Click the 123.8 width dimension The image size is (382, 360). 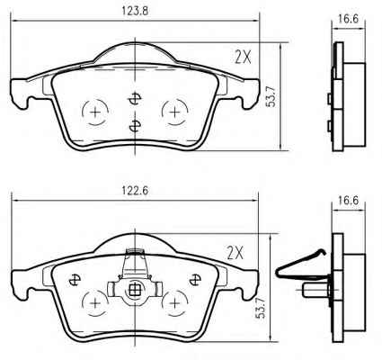click(x=135, y=11)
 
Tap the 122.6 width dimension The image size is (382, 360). click(x=135, y=191)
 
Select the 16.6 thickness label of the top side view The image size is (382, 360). click(x=349, y=19)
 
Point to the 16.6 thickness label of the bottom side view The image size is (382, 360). click(x=349, y=201)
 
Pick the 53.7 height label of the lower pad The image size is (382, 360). click(x=262, y=307)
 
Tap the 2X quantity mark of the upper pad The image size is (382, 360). click(x=243, y=57)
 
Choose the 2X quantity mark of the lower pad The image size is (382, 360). click(x=235, y=253)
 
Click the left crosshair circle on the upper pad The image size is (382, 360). click(x=95, y=112)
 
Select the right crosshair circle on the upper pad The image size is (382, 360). click(x=174, y=112)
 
